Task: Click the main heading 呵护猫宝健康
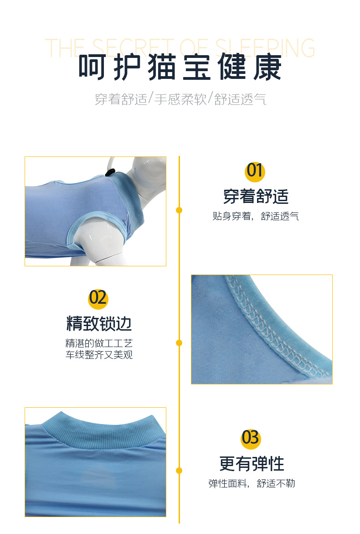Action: (180, 67)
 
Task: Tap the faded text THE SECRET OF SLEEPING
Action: (180, 48)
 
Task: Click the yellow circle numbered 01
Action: (255, 171)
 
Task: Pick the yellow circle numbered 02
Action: (98, 298)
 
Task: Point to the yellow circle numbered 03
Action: (251, 438)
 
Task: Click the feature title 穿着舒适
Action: (256, 197)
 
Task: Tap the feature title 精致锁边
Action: (99, 323)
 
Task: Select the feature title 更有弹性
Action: (252, 464)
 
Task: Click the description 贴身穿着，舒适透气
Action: (256, 216)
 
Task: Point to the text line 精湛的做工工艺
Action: (99, 343)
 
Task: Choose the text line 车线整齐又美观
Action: (99, 355)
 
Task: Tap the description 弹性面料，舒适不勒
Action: (252, 483)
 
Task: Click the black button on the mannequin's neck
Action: (110, 172)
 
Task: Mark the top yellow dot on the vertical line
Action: (179, 210)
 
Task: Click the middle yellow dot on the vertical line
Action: (179, 342)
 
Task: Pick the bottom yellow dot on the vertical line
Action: (179, 470)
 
